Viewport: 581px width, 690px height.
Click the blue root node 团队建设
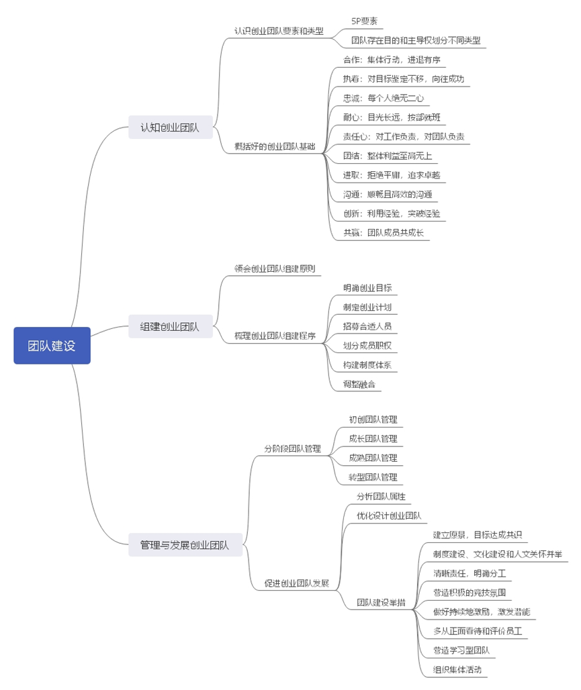(52, 346)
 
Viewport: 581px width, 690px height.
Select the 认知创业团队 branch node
(170, 127)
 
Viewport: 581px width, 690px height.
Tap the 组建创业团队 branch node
(170, 327)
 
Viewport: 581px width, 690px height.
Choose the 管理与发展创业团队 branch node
(185, 545)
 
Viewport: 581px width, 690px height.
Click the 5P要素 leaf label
(364, 21)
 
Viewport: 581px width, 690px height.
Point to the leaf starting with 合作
(392, 60)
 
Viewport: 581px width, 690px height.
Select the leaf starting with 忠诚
(384, 98)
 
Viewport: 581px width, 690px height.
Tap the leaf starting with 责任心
(403, 136)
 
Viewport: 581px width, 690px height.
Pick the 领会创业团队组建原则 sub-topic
(274, 268)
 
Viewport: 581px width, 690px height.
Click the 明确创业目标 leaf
(367, 288)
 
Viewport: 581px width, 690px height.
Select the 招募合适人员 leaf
(367, 326)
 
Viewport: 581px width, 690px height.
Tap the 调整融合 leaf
(359, 385)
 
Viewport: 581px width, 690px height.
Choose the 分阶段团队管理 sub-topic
(292, 448)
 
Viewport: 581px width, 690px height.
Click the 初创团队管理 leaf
(373, 420)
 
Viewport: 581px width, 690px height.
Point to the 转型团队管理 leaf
(373, 477)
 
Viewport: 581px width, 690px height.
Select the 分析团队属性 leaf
(380, 497)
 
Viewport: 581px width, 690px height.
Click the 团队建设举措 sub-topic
(381, 603)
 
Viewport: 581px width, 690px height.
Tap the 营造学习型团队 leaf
(461, 650)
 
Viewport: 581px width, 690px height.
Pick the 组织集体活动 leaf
(457, 669)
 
